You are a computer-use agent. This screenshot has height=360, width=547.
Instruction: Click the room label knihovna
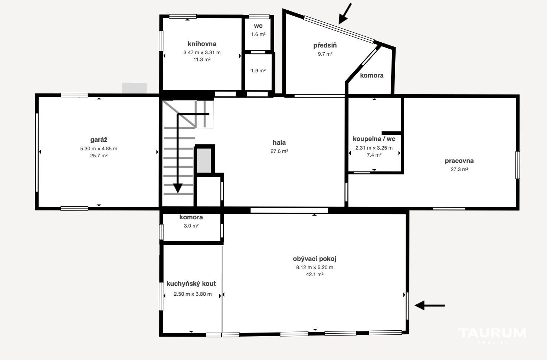point(202,44)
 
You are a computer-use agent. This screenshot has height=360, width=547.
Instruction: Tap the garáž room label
point(99,140)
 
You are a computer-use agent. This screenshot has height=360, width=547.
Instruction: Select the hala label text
point(279,143)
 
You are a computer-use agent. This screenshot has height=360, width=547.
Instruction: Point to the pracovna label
point(459,161)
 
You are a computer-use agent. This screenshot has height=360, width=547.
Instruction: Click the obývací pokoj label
point(315,259)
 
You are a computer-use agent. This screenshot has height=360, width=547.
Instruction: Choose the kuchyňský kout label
point(191,284)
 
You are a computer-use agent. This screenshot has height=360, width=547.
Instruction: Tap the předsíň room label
point(325,45)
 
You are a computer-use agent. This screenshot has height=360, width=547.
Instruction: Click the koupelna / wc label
point(374,139)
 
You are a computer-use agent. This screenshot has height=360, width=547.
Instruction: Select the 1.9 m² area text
point(258,71)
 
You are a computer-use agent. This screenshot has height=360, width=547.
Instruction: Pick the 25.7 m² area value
point(99,156)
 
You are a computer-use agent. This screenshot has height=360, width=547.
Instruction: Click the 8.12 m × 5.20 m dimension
point(315,268)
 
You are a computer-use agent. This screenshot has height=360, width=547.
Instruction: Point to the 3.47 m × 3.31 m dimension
point(202,52)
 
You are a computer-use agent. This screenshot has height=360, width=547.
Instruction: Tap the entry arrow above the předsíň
point(345,14)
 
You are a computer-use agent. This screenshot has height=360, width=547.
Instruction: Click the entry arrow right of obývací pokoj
point(429,305)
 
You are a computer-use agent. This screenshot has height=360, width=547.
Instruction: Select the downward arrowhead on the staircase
point(178,188)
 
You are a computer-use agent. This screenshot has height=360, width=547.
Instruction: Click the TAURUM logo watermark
point(492,336)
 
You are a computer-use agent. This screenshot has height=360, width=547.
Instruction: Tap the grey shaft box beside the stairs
point(204,160)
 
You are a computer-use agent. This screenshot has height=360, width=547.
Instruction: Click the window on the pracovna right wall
point(517,165)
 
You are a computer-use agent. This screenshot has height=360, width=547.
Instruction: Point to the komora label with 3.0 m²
point(191,217)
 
